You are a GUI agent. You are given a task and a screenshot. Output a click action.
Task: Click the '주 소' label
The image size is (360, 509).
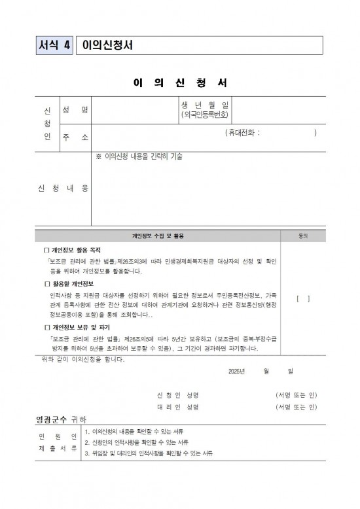(75, 137)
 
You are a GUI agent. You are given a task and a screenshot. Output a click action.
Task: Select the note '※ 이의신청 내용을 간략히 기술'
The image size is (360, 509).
(139, 156)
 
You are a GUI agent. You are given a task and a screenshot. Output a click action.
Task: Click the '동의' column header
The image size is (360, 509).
(303, 236)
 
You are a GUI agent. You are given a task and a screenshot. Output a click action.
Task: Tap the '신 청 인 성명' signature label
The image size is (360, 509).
(177, 395)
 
